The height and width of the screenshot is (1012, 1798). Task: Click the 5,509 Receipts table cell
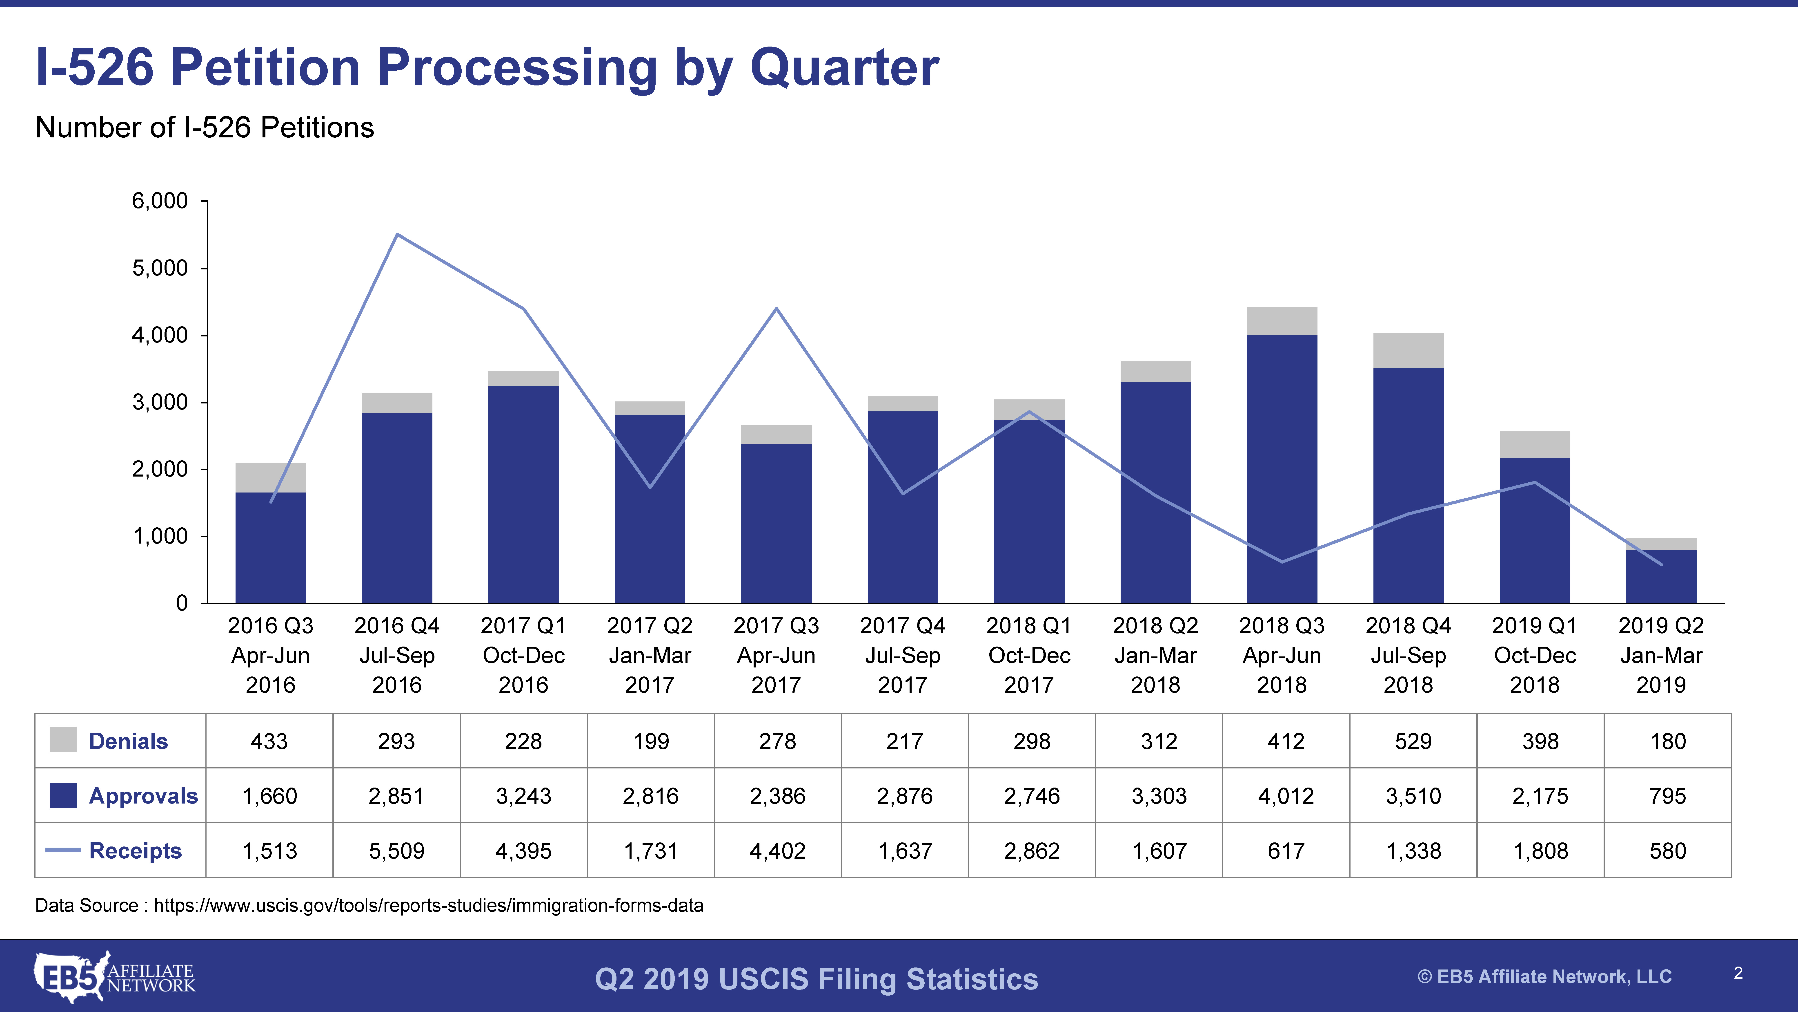click(x=396, y=851)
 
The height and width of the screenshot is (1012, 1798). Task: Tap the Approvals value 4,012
click(x=1286, y=795)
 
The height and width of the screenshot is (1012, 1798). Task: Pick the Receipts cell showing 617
click(x=1286, y=851)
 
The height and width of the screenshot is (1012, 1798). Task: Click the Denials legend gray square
click(x=63, y=740)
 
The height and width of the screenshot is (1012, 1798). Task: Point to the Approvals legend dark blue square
click(x=63, y=795)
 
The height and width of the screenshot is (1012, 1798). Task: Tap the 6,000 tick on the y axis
click(x=160, y=201)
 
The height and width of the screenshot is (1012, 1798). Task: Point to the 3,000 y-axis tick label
click(x=160, y=402)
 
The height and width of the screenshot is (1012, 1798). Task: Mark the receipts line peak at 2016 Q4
click(x=397, y=235)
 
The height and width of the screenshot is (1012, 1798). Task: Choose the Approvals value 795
click(x=1667, y=795)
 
